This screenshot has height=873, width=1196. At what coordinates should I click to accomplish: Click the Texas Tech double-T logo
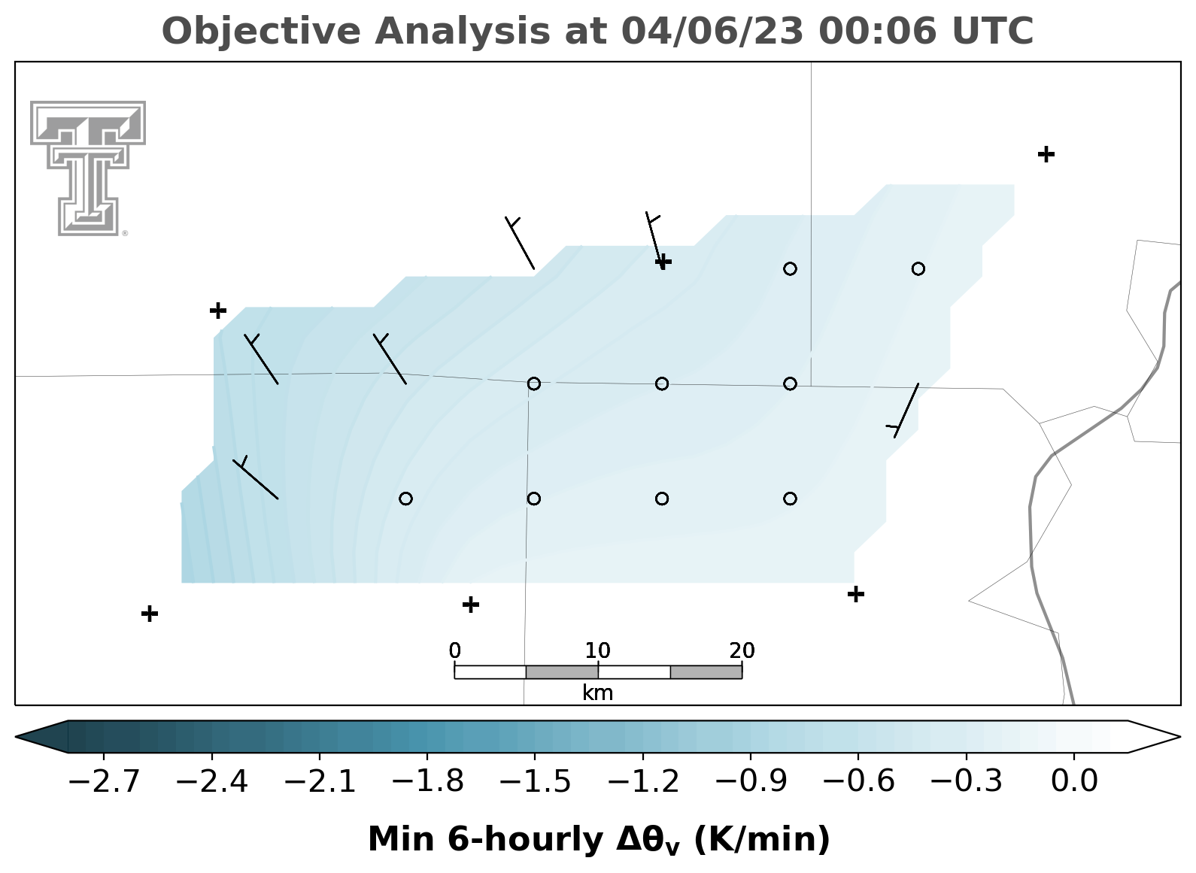(x=88, y=168)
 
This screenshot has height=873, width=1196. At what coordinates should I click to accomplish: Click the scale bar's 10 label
(x=597, y=651)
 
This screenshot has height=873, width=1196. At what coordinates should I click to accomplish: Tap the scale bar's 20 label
(x=742, y=651)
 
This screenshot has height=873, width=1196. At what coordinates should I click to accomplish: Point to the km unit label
(x=597, y=693)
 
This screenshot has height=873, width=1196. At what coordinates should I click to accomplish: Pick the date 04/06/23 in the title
(x=712, y=32)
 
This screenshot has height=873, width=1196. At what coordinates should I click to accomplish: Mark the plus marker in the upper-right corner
(x=1046, y=154)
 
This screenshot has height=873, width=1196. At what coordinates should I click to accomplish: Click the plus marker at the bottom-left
(x=150, y=614)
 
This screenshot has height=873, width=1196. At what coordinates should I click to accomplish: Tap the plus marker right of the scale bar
(x=856, y=594)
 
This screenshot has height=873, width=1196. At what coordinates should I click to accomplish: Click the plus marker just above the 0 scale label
(x=470, y=605)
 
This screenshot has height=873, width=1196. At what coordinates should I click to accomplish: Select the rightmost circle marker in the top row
(x=918, y=268)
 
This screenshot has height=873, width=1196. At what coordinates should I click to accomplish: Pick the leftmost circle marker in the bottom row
(x=405, y=499)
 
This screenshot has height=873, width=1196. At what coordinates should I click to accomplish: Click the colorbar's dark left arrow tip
(x=16, y=737)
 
